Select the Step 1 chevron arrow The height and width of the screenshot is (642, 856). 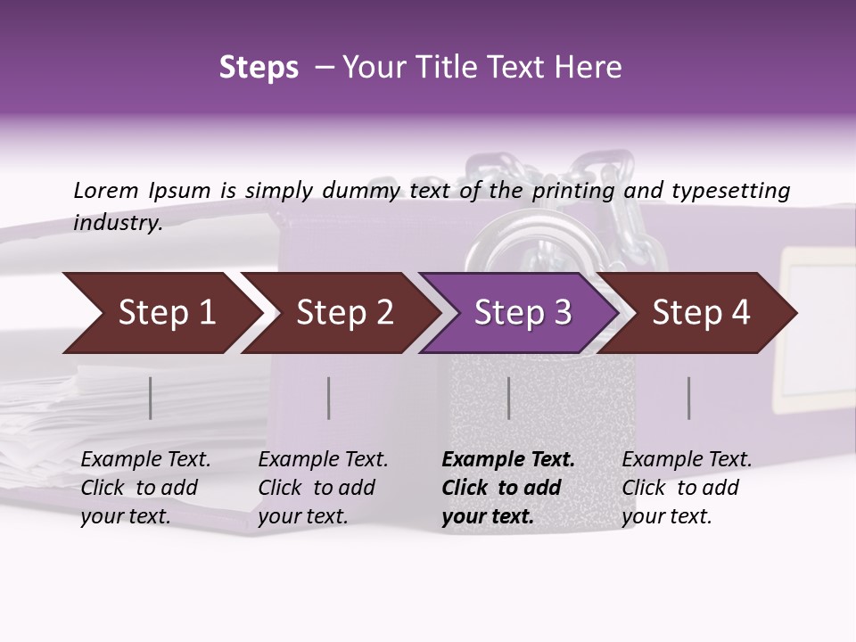coord(160,313)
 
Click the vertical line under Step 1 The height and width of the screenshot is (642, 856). coord(151,398)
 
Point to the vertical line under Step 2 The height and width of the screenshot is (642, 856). coord(329,398)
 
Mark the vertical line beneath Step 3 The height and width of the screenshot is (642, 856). coord(509,398)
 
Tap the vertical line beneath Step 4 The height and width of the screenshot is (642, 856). coord(689,398)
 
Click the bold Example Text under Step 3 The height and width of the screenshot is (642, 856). coord(508,488)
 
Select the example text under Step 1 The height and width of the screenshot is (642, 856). coord(145,488)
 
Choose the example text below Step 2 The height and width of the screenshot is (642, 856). coord(323,488)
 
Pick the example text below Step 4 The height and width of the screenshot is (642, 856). coord(687,488)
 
